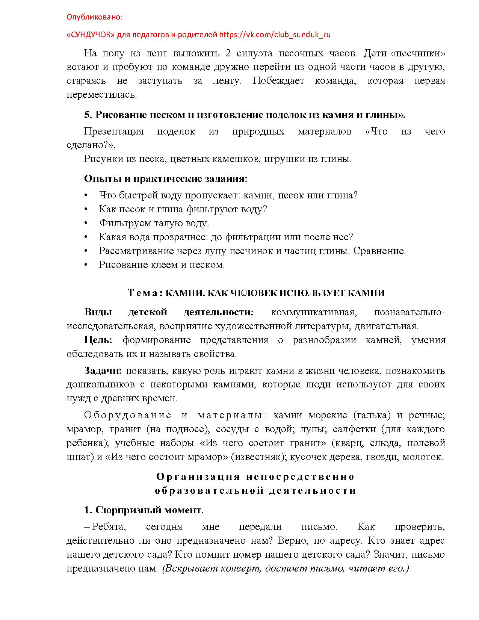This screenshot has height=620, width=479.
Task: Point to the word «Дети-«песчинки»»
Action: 404,53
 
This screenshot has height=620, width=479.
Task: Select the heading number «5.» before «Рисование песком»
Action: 88,115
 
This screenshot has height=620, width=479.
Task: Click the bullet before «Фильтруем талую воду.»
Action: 86,223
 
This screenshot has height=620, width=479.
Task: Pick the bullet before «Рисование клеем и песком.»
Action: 86,265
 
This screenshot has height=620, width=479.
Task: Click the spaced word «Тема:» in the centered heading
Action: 145,293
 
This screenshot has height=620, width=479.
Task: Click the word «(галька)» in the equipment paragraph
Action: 372,415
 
